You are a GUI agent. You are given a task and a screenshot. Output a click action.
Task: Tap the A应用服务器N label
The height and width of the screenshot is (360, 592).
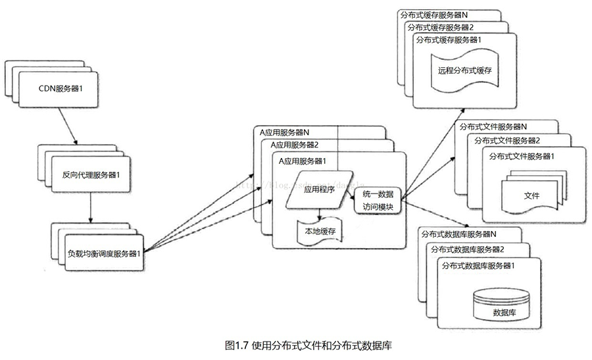[x=289, y=132]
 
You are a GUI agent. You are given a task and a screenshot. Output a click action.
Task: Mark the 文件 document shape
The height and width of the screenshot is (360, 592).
[x=532, y=196]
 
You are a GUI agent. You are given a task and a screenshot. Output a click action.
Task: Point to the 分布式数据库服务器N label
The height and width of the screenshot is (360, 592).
[x=458, y=234]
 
